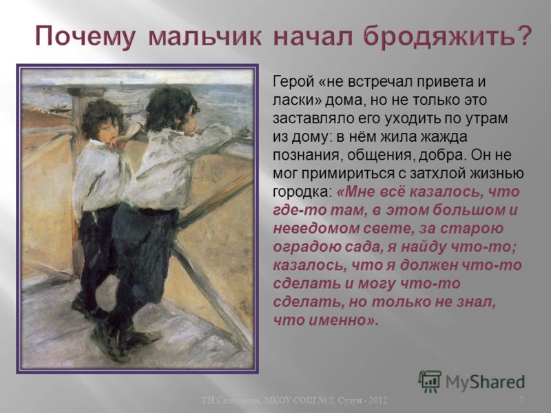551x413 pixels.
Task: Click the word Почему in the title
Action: tap(85, 36)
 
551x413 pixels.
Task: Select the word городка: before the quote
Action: tap(302, 192)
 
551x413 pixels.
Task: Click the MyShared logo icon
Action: tap(429, 381)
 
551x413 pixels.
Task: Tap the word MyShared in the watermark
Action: tap(486, 382)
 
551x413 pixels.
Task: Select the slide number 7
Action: tap(521, 400)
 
